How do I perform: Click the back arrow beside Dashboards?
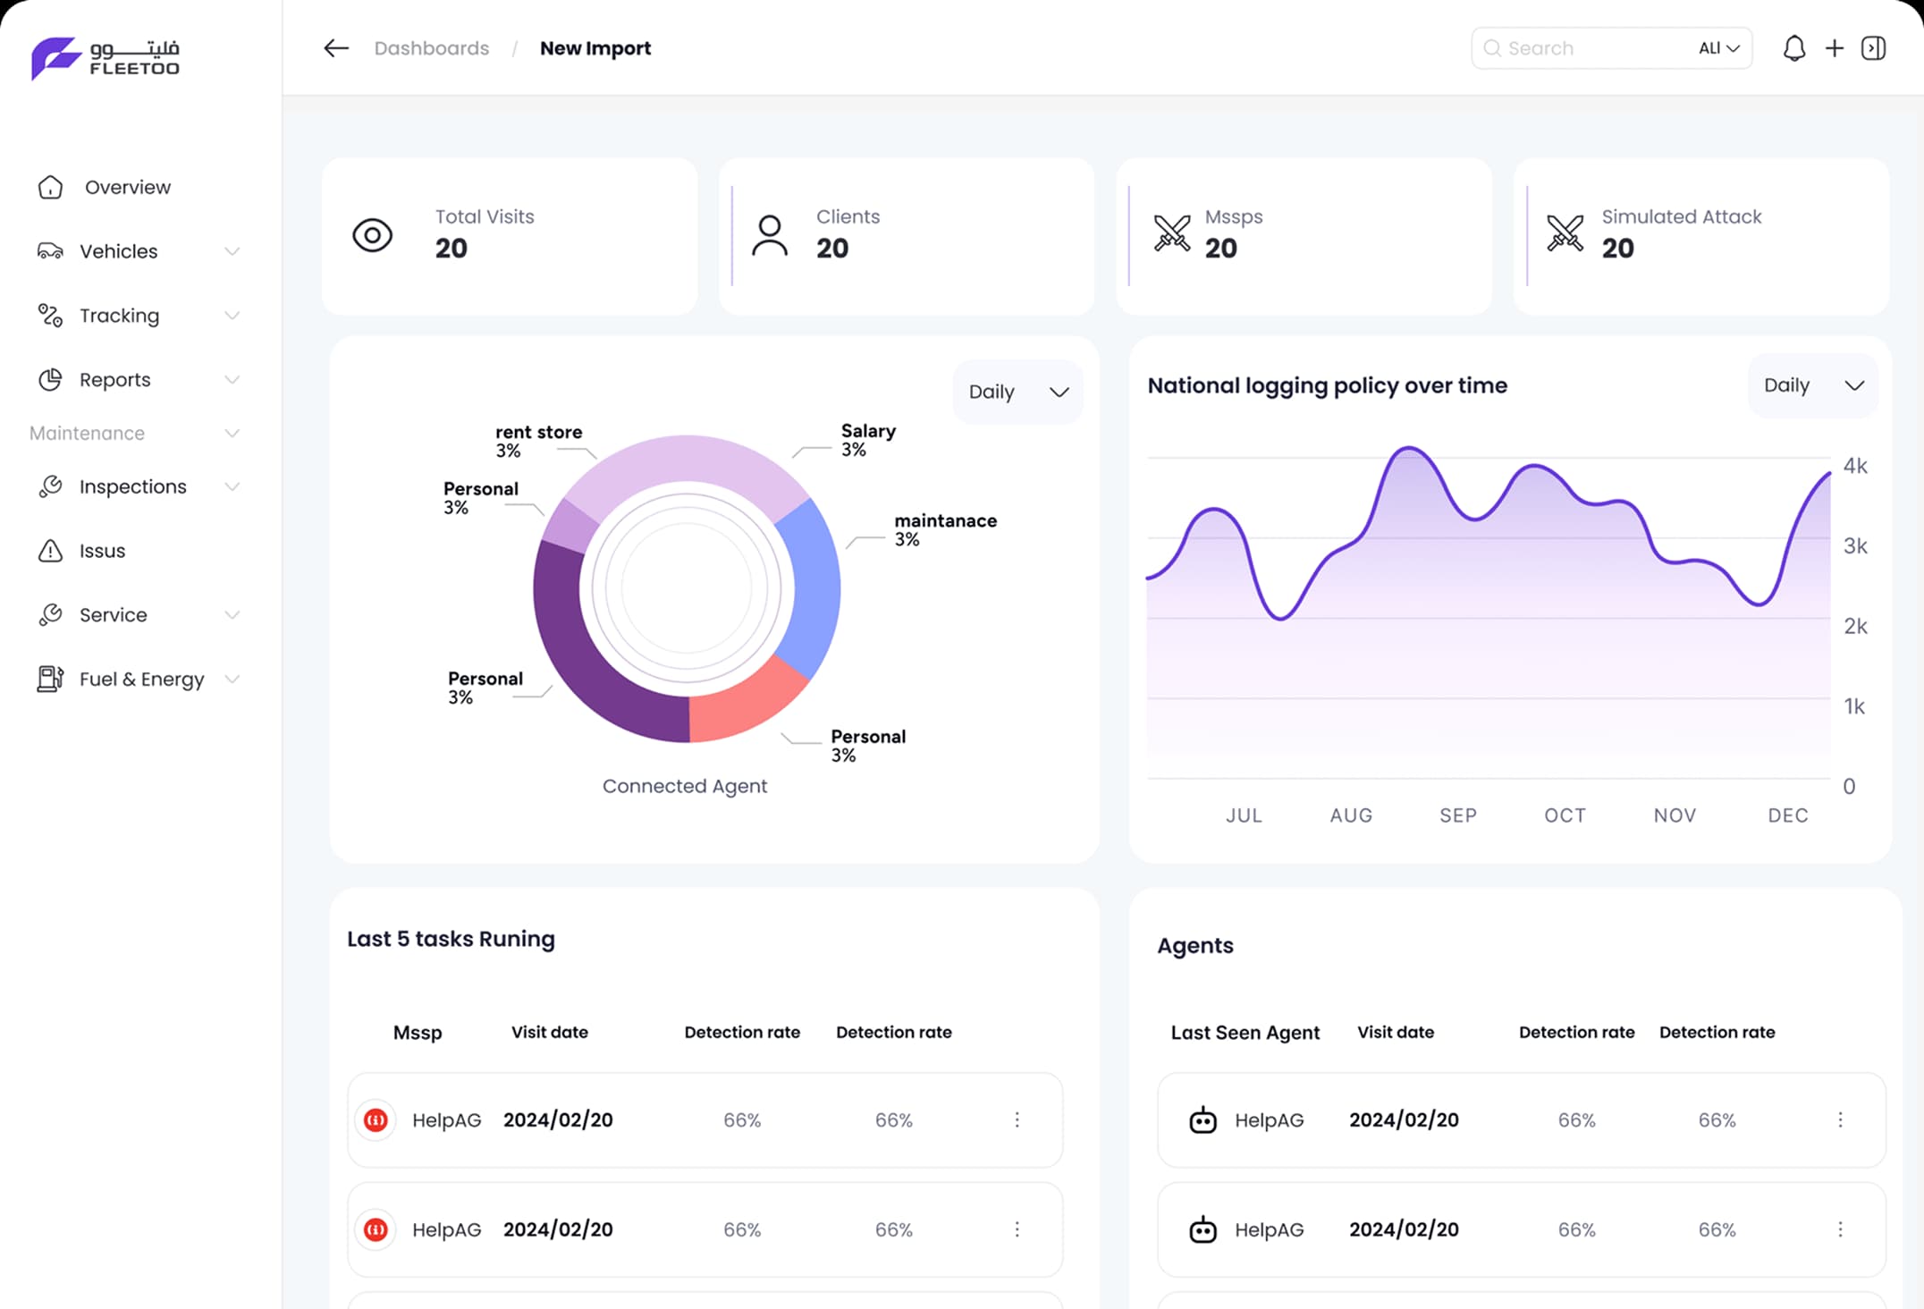[x=336, y=48]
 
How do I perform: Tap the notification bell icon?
[x=1793, y=48]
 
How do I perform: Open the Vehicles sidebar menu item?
[x=118, y=251]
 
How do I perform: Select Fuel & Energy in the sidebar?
[x=141, y=680]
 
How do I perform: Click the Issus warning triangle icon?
[x=50, y=551]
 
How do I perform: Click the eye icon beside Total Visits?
[x=372, y=235]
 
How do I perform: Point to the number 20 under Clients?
[x=831, y=248]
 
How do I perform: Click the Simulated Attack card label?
[x=1681, y=216]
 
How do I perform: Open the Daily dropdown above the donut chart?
[x=1017, y=392]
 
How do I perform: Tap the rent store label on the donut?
[x=538, y=432]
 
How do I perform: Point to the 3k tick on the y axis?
[x=1855, y=546]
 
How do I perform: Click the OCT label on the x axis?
[x=1565, y=815]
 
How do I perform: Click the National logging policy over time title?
[x=1327, y=385]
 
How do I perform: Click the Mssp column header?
[x=418, y=1033]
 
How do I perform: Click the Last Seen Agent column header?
[x=1245, y=1033]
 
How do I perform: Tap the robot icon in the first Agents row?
[x=1202, y=1119]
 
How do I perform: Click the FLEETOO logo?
[x=105, y=58]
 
